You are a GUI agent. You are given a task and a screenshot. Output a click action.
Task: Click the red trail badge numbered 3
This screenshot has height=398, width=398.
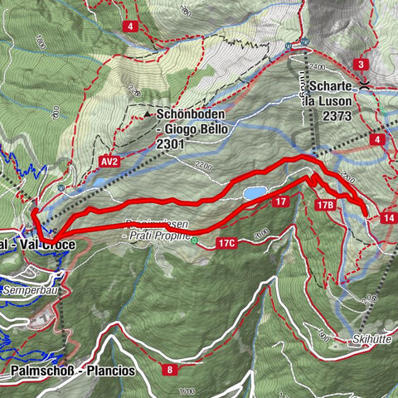click(361, 64)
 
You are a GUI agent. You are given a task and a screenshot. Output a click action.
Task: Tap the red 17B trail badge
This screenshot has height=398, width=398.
click(325, 203)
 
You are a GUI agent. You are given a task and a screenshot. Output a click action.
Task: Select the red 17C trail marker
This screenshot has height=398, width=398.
click(227, 244)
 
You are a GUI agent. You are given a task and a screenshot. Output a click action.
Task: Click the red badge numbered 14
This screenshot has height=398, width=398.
click(388, 217)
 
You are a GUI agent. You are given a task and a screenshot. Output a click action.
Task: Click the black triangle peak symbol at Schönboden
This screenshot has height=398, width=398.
click(148, 114)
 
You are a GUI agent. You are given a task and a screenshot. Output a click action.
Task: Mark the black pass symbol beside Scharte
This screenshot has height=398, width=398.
click(364, 85)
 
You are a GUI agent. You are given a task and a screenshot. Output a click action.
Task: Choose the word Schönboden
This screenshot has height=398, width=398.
click(187, 115)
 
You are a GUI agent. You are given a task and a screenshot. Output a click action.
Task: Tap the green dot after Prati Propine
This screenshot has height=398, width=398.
click(195, 242)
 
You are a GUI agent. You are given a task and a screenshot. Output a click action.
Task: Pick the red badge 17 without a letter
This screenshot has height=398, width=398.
click(282, 201)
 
